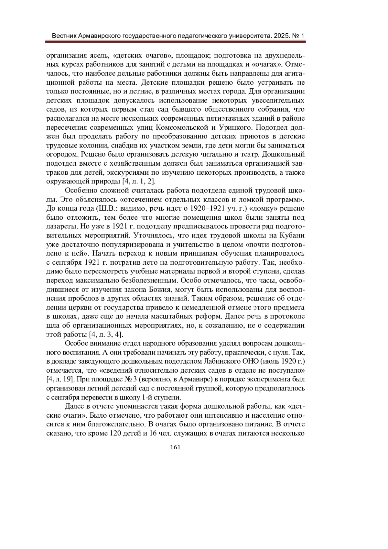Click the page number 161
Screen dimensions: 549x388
click(x=175, y=447)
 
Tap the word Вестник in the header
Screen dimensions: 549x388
click(x=64, y=35)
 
